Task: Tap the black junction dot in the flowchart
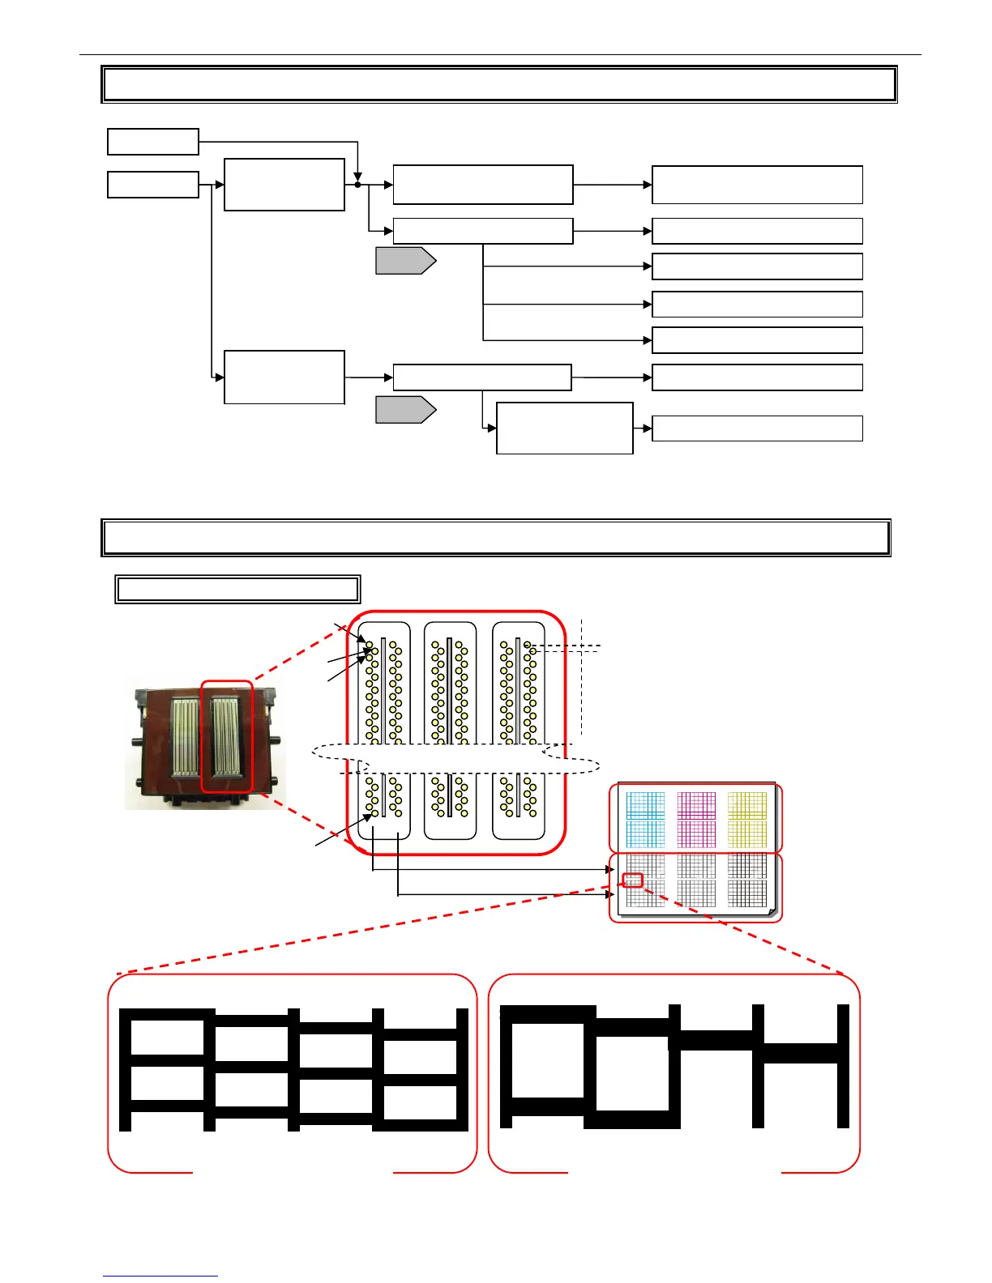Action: point(357,185)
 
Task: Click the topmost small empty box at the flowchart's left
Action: point(153,141)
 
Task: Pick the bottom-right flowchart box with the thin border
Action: point(757,428)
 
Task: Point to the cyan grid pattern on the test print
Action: point(645,819)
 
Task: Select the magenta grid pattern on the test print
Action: point(696,819)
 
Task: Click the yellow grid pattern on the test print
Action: point(747,819)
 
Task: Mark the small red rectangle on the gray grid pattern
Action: point(633,880)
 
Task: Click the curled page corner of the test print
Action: point(772,912)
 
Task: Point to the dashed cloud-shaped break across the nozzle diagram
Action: point(455,758)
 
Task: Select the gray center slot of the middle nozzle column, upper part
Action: point(450,688)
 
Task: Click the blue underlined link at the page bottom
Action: point(160,1276)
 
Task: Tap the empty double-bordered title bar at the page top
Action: point(499,84)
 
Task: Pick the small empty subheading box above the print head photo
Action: point(237,589)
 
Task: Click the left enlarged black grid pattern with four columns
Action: point(293,1069)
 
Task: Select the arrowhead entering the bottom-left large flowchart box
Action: point(220,377)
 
